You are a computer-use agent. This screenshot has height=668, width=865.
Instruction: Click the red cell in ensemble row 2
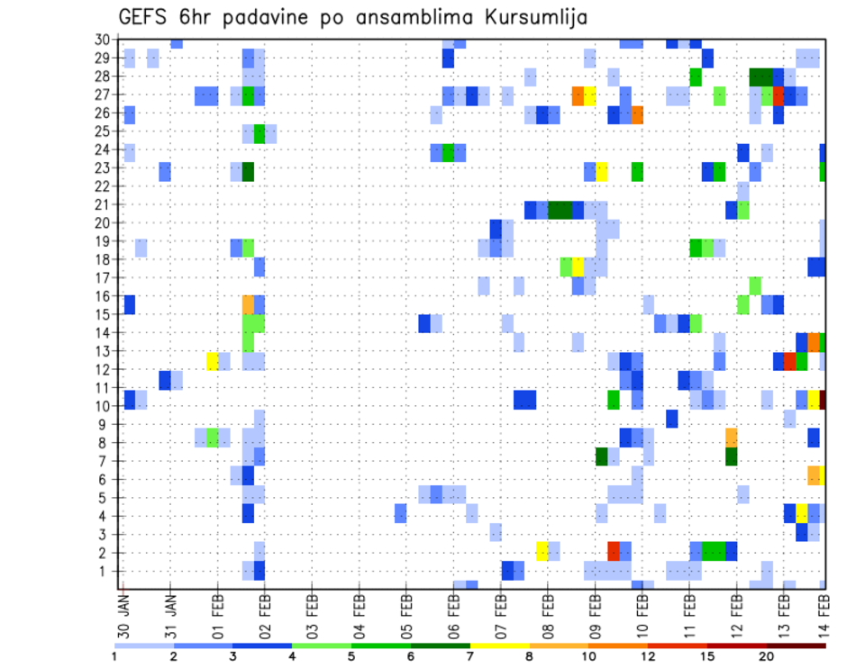click(614, 551)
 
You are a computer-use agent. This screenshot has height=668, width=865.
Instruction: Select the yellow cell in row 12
click(213, 361)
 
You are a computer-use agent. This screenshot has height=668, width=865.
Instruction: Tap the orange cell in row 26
click(637, 114)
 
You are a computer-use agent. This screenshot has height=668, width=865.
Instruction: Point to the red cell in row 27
click(778, 95)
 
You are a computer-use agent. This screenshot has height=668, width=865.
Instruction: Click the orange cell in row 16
click(248, 304)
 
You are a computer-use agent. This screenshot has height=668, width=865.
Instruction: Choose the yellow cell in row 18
click(578, 267)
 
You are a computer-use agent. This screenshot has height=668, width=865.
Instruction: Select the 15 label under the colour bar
click(707, 655)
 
